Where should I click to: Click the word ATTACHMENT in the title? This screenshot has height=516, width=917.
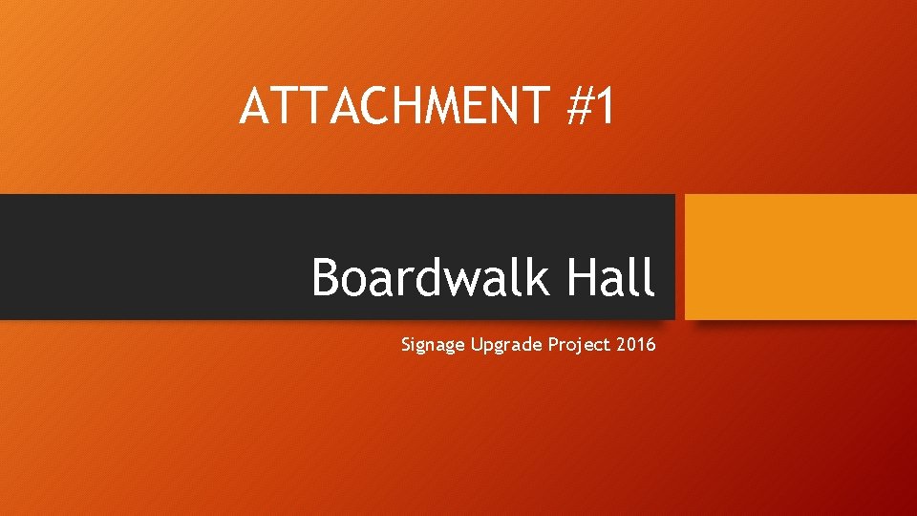[x=393, y=106]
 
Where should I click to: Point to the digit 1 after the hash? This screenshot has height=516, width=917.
[x=606, y=106]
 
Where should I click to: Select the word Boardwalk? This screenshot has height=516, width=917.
[x=431, y=278]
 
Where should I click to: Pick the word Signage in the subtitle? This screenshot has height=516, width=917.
[x=433, y=345]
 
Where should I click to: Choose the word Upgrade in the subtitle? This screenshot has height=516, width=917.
[x=506, y=345]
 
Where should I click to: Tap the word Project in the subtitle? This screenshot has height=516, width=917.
[x=579, y=345]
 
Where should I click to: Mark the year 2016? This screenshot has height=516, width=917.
[x=636, y=344]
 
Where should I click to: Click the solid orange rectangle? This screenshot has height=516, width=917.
[x=800, y=256]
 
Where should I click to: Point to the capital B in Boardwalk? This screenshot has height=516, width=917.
[x=328, y=278]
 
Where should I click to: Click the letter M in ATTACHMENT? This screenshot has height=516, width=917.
[x=448, y=106]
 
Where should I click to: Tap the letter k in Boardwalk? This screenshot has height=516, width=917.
[x=537, y=278]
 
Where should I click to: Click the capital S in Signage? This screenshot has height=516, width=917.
[x=407, y=344]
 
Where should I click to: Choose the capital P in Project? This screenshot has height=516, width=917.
[x=553, y=344]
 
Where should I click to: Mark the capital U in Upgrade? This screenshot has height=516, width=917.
[x=477, y=344]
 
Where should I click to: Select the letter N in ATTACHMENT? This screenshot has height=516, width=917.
[x=514, y=106]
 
